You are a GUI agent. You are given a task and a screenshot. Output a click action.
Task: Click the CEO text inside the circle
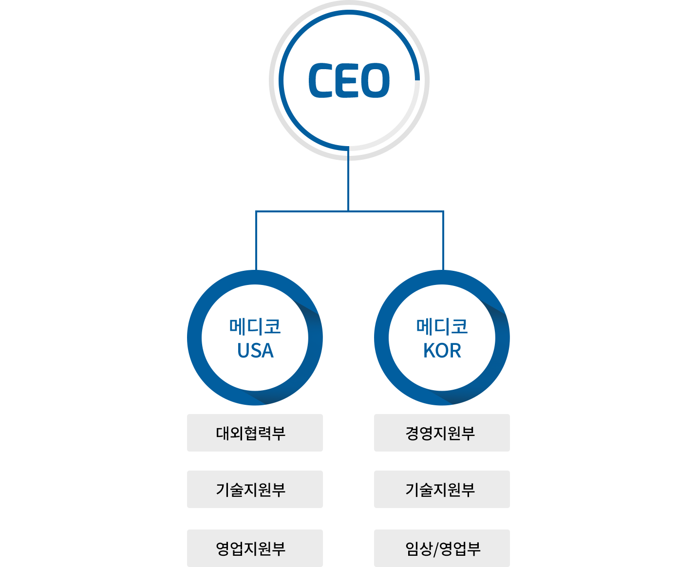click(349, 80)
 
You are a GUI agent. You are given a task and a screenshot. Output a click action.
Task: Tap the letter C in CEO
click(320, 80)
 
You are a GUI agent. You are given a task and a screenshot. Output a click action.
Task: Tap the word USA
click(256, 350)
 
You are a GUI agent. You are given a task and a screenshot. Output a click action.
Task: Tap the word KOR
click(443, 350)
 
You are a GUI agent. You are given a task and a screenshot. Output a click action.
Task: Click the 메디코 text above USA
click(257, 326)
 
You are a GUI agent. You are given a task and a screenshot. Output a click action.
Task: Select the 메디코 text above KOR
click(444, 326)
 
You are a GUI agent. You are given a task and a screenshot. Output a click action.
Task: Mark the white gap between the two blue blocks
click(348, 341)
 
